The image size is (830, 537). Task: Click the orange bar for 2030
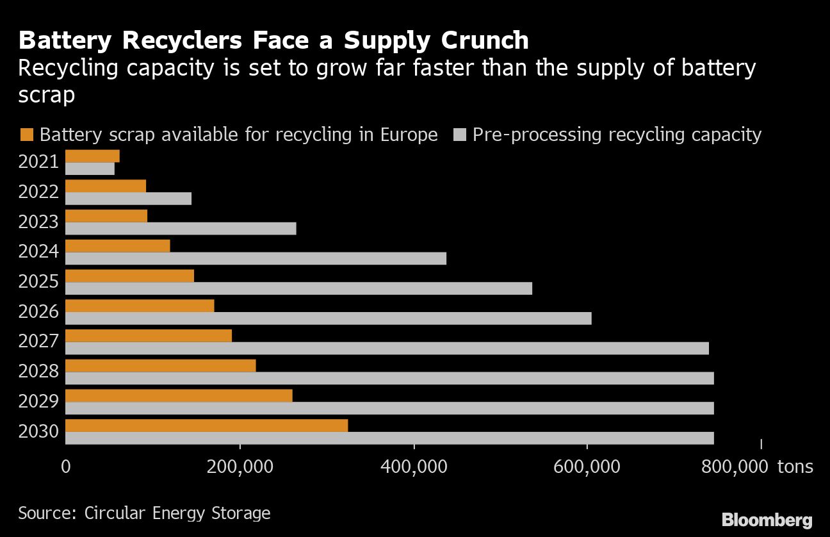click(x=206, y=425)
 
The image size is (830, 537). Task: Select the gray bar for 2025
click(x=298, y=288)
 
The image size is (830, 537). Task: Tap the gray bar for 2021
click(x=90, y=169)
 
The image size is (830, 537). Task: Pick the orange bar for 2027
click(x=149, y=336)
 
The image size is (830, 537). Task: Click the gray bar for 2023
click(x=181, y=229)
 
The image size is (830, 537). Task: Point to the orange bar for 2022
click(x=106, y=186)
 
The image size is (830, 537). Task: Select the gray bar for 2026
click(x=328, y=318)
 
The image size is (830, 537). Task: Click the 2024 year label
click(x=38, y=252)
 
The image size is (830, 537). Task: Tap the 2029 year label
click(x=38, y=402)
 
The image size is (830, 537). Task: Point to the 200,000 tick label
click(x=240, y=466)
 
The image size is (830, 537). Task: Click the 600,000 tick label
click(x=587, y=466)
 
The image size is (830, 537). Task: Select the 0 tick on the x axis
click(x=65, y=466)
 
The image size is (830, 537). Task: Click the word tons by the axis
click(x=795, y=466)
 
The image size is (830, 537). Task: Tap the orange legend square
click(x=27, y=135)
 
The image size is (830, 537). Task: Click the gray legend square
click(x=460, y=135)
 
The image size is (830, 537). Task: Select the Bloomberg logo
click(x=767, y=519)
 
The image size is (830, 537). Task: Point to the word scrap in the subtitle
click(x=47, y=95)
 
